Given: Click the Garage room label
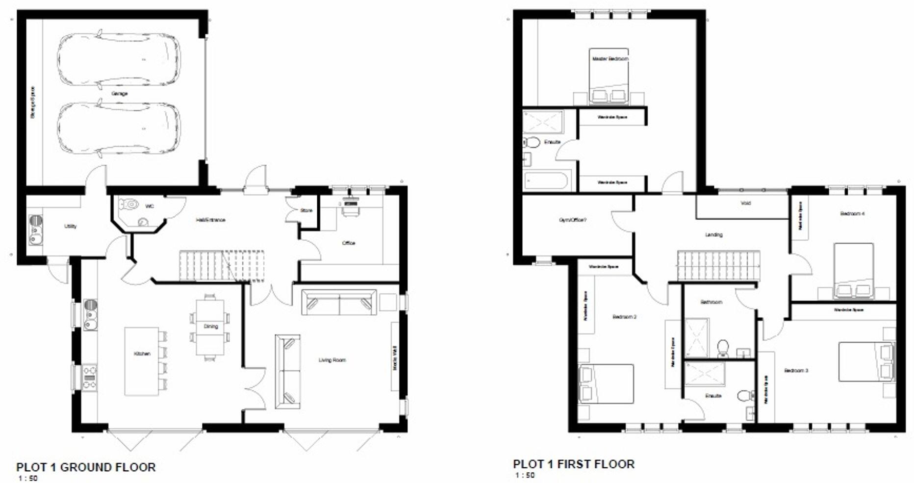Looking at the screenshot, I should coord(120,94).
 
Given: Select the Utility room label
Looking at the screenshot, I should coord(70,227).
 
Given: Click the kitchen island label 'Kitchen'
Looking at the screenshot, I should coord(142,354).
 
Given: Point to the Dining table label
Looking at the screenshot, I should coord(211,326).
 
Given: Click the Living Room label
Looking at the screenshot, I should coord(332,360).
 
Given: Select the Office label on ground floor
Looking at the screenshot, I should coord(348,243).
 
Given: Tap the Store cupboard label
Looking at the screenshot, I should coord(306,210).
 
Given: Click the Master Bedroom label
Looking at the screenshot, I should coord(610,59).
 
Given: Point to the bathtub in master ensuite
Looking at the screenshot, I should coord(546,180).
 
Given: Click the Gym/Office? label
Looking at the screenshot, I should coord(573,220).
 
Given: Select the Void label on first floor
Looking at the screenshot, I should coord(745,203).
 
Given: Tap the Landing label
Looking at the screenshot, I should coord(714,234).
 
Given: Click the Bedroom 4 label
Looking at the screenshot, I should coord(852,214).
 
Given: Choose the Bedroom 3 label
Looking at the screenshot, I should coord(796,371).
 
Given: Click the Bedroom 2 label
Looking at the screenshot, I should coord(624,317).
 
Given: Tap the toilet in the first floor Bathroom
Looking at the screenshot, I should coord(723,348).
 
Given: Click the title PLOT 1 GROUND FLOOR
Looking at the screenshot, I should coord(86,467).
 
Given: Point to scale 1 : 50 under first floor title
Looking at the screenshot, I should coord(525,475).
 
